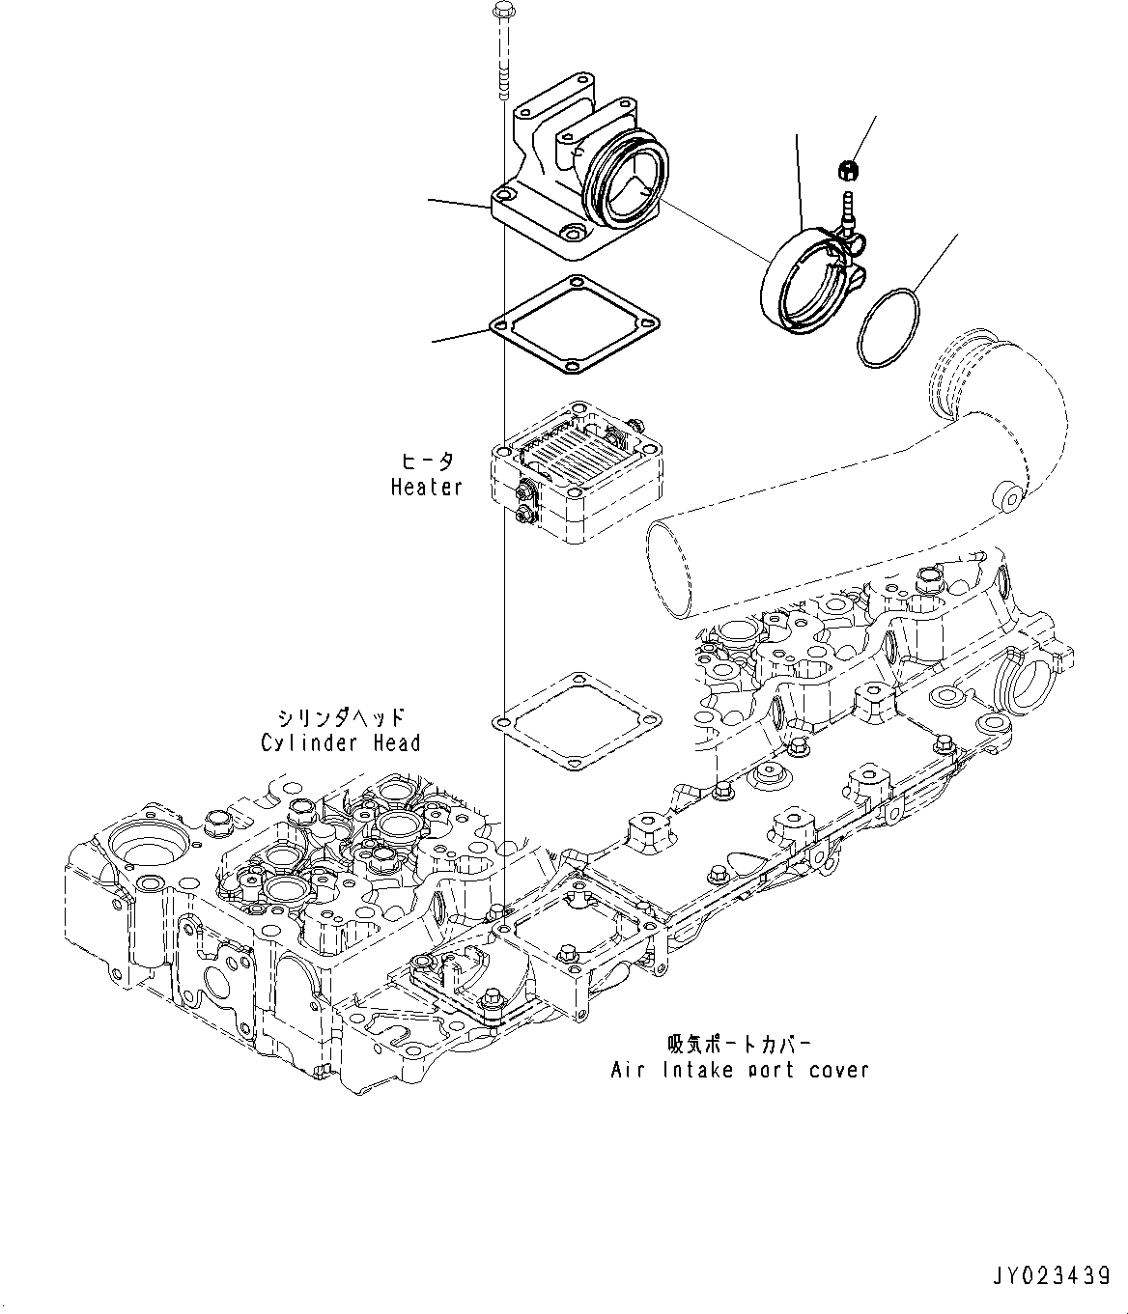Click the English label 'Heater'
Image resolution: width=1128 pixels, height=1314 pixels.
(x=427, y=488)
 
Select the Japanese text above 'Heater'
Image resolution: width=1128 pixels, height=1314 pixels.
(x=427, y=461)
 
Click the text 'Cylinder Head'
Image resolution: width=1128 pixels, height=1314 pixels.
(x=341, y=742)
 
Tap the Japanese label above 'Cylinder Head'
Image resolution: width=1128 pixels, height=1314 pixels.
(x=341, y=717)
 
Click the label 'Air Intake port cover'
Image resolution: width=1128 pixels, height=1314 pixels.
(x=740, y=1070)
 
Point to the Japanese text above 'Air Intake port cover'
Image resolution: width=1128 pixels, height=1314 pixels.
(x=740, y=1045)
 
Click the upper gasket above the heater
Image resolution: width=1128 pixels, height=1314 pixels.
(x=576, y=326)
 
